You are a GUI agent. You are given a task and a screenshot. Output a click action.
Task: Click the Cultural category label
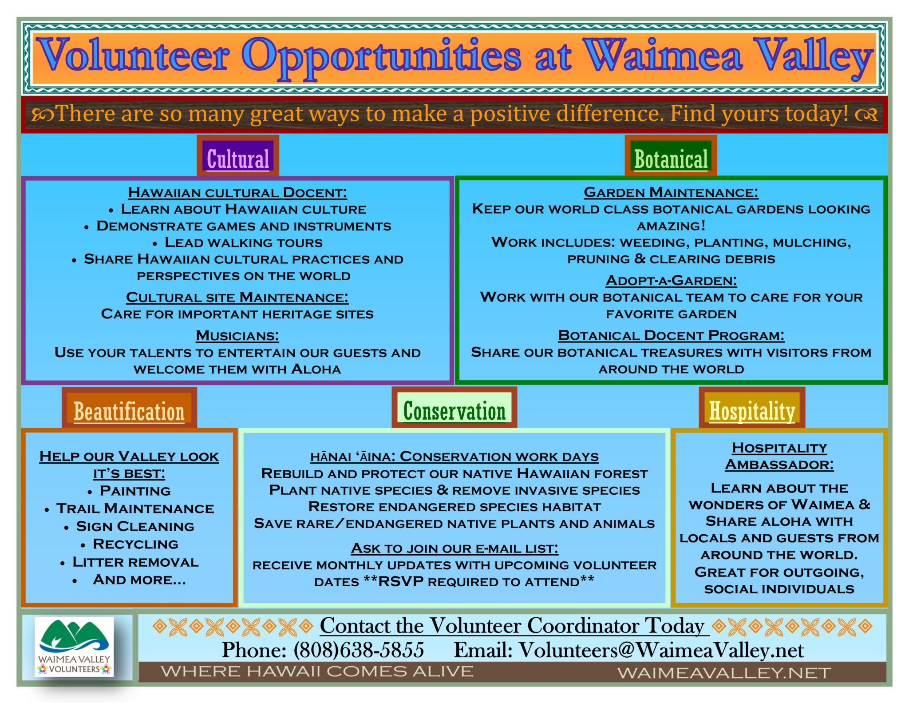point(238,159)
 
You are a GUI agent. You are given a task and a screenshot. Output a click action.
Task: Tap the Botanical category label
point(671,159)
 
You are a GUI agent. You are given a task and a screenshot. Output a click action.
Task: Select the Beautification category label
point(129,411)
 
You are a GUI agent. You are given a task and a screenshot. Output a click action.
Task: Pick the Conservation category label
point(454,410)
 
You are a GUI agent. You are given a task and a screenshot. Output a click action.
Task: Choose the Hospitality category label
point(752,410)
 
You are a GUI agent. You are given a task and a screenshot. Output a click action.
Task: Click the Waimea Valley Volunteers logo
point(75,647)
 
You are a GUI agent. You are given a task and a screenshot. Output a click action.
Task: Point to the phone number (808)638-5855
point(359,650)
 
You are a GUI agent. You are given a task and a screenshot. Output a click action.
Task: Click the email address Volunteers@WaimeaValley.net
point(661,650)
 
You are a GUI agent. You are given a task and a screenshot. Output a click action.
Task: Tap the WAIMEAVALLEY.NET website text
point(724,673)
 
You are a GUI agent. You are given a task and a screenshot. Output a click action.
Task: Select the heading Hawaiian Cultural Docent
point(237,193)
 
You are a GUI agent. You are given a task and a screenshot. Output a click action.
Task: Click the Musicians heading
point(237,336)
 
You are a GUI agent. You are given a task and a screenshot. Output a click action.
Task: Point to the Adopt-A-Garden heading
point(671,281)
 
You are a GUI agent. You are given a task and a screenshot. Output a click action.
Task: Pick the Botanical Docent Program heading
point(671,335)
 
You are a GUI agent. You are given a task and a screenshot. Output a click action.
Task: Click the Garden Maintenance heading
point(671,192)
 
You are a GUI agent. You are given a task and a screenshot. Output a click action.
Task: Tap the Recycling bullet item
point(135,544)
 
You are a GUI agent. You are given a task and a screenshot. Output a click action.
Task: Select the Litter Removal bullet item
point(135,562)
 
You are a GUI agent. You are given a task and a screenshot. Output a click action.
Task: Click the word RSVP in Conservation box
point(400,581)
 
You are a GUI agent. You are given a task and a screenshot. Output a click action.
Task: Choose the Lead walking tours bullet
point(244,242)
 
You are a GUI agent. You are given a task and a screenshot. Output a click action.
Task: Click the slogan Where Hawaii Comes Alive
point(317,671)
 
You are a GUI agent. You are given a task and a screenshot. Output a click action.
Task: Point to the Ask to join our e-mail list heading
point(454,548)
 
